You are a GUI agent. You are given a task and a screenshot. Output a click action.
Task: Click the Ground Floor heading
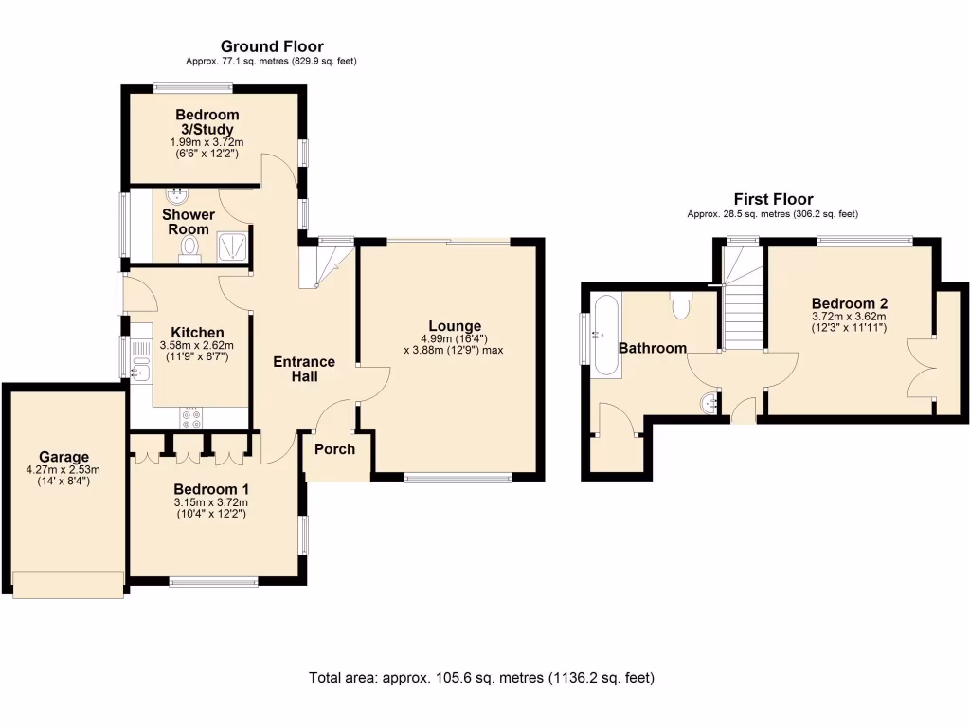pyautogui.click(x=272, y=46)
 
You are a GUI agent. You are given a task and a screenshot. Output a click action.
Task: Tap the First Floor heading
pyautogui.click(x=773, y=199)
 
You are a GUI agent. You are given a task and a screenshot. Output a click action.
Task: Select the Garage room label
pyautogui.click(x=64, y=456)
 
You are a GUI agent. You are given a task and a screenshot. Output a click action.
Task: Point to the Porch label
pyautogui.click(x=333, y=448)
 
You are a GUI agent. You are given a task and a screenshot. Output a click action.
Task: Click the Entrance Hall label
pyautogui.click(x=304, y=369)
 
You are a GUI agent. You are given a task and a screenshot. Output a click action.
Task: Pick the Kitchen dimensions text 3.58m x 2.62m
pyautogui.click(x=191, y=346)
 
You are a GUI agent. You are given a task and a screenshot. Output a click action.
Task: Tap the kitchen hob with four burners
pyautogui.click(x=189, y=416)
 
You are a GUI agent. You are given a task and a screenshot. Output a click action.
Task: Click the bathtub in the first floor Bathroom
pyautogui.click(x=605, y=336)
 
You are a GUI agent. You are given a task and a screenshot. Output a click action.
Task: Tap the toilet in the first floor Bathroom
pyautogui.click(x=680, y=304)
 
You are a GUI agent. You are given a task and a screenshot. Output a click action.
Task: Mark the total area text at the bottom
pyautogui.click(x=481, y=678)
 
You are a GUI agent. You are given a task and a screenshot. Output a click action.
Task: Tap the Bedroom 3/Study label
pyautogui.click(x=207, y=122)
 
